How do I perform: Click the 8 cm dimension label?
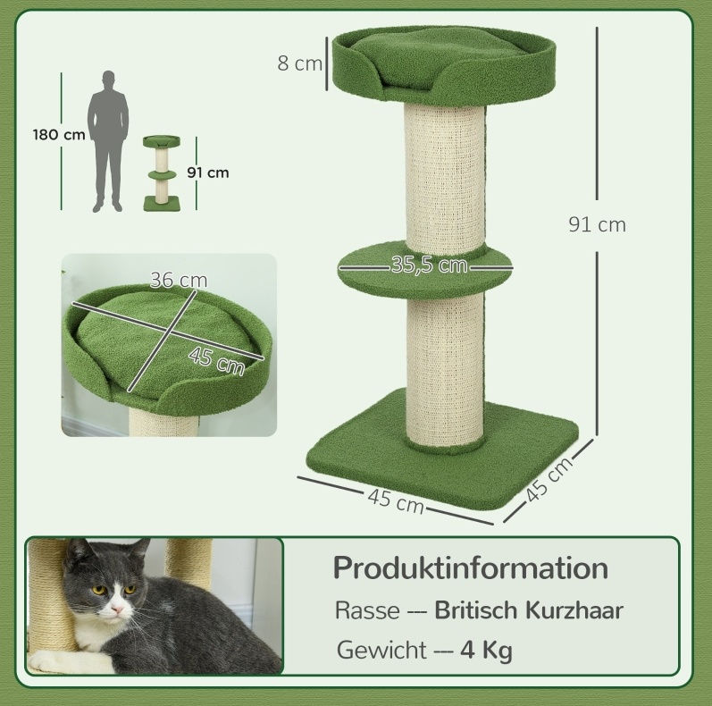click(299, 63)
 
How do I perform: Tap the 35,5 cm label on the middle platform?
click(429, 265)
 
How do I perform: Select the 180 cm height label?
click(59, 135)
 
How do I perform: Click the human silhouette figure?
click(108, 141)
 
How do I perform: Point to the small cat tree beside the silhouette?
click(162, 173)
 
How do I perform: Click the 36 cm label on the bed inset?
click(179, 280)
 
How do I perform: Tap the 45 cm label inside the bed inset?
click(216, 361)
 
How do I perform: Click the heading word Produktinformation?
click(471, 568)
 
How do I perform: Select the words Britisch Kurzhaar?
click(529, 610)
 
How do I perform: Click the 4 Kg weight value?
click(486, 651)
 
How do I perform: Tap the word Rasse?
click(367, 610)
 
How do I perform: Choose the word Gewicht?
click(381, 650)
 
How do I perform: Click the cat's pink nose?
click(117, 609)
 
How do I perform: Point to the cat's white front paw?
click(68, 659)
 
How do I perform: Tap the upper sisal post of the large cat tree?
click(445, 176)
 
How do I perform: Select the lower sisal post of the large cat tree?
click(445, 374)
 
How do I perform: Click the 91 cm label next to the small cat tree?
click(208, 173)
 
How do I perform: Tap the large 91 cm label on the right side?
click(597, 225)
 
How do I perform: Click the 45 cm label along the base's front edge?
click(396, 501)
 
